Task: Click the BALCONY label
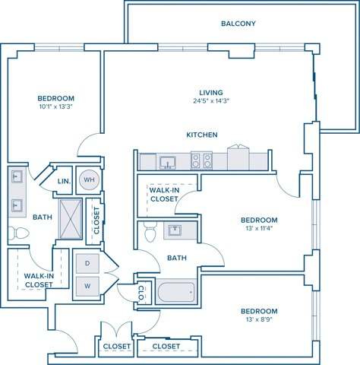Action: pyautogui.click(x=238, y=24)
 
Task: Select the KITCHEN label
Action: pyautogui.click(x=202, y=135)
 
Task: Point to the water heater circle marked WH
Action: pyautogui.click(x=89, y=179)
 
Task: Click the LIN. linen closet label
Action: pyautogui.click(x=64, y=181)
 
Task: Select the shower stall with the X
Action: pyautogui.click(x=70, y=218)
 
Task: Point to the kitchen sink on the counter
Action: pyautogui.click(x=168, y=161)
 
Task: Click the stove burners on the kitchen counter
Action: pyautogui.click(x=201, y=160)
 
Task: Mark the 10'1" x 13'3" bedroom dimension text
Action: pyautogui.click(x=55, y=107)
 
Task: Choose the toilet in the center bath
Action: pyautogui.click(x=150, y=231)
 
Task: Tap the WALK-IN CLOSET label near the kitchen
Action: pyautogui.click(x=164, y=195)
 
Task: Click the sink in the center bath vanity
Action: pyautogui.click(x=175, y=229)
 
